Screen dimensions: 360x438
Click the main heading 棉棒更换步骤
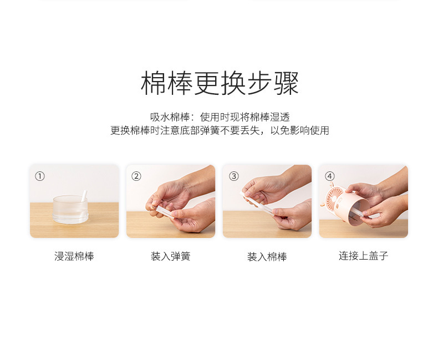point(220,84)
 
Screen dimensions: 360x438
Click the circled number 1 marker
point(39,176)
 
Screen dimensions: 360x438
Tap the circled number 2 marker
point(136,176)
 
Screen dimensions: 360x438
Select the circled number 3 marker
point(233,176)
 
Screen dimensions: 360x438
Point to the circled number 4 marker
point(330,176)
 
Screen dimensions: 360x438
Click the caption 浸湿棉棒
point(74,257)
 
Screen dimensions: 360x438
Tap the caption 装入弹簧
point(171,257)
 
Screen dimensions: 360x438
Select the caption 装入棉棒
point(267,257)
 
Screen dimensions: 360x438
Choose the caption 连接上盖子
point(364,256)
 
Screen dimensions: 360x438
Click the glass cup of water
point(70,210)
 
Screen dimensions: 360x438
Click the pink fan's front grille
point(337,199)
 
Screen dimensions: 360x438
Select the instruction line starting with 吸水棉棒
point(220,117)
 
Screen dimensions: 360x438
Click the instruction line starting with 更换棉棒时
point(220,131)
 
